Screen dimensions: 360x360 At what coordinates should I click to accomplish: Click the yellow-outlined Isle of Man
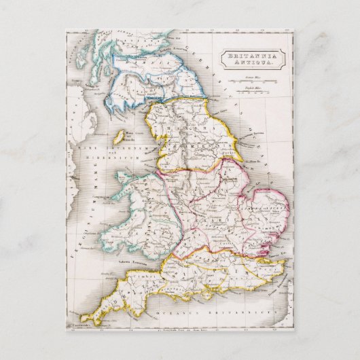coord(118,137)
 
